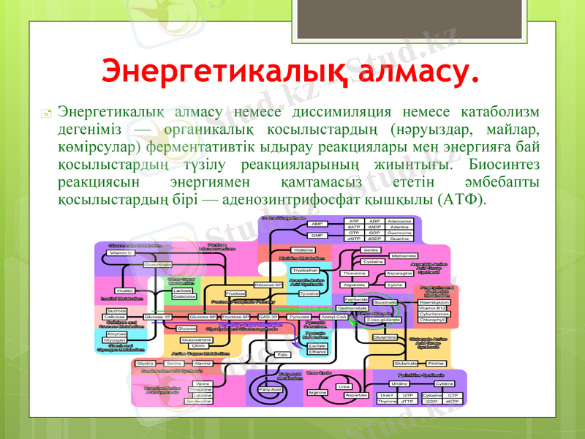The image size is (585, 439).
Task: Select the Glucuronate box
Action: click(158, 264)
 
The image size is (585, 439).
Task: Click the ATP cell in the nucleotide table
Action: click(354, 221)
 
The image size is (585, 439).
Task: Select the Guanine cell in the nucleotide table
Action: click(399, 238)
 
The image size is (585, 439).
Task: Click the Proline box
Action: click(435, 363)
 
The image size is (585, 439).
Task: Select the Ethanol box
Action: click(317, 352)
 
